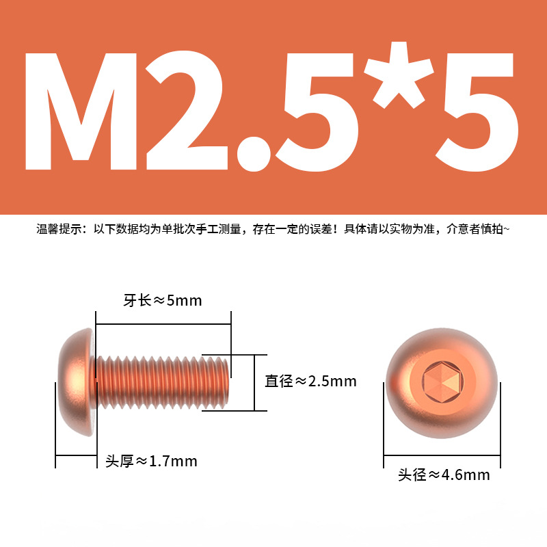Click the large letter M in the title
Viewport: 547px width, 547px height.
(x=81, y=111)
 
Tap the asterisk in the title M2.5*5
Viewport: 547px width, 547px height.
(x=399, y=75)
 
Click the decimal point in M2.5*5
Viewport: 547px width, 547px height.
(x=254, y=154)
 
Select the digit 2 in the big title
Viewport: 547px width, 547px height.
(x=186, y=111)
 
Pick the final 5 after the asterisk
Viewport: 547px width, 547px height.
(x=477, y=112)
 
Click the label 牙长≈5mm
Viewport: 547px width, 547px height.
(x=163, y=300)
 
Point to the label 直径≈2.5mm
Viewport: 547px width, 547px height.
(x=310, y=381)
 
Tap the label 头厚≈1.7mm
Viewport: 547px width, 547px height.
(x=151, y=461)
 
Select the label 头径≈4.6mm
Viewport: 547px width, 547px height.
(x=444, y=475)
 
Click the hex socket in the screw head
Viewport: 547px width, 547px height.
(x=442, y=381)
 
